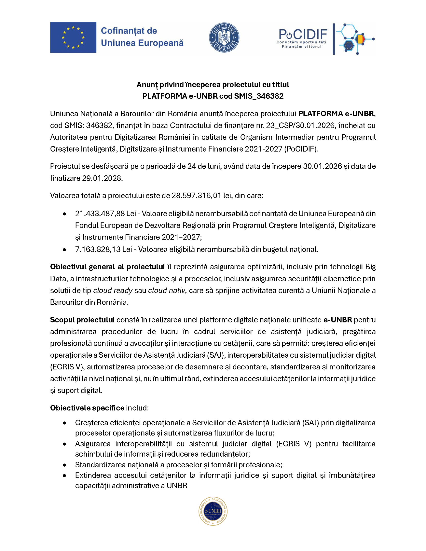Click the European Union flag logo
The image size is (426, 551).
tap(73, 37)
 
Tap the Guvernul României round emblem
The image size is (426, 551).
tap(224, 37)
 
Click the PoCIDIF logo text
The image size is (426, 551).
tap(303, 34)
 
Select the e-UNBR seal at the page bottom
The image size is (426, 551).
tap(213, 511)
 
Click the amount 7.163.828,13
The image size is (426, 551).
tap(98, 249)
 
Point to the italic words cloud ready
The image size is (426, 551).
tap(113, 291)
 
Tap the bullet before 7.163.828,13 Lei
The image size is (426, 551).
tap(65, 249)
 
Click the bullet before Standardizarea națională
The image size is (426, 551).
tap(65, 465)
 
